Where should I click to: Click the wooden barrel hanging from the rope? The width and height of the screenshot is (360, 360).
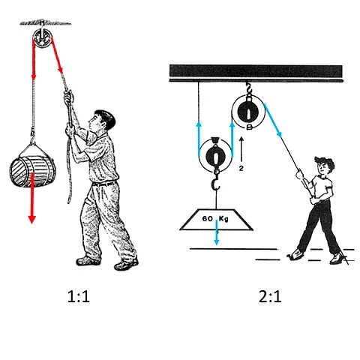(32, 172)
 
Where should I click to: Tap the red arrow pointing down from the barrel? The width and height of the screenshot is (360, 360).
(31, 197)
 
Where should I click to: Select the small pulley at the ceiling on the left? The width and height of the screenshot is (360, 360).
(42, 40)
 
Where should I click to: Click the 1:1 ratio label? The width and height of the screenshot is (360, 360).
(79, 297)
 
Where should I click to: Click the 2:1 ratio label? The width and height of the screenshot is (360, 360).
(270, 297)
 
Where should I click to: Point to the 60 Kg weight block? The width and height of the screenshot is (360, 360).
(216, 219)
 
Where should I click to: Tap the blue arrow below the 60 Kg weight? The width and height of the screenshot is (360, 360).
(217, 232)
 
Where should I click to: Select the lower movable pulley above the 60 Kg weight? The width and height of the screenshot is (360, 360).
(215, 155)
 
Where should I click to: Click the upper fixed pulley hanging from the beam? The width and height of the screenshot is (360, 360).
(248, 112)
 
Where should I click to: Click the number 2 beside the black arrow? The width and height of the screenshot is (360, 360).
(241, 169)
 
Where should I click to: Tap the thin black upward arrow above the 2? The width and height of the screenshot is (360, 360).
(241, 149)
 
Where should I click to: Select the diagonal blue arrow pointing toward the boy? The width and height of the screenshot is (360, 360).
(273, 121)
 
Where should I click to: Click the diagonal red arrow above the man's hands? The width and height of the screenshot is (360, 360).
(57, 55)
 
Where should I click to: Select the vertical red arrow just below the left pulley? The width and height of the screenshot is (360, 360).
(34, 59)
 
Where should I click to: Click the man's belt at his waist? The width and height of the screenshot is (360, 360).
(104, 183)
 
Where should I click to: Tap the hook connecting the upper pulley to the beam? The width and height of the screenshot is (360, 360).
(248, 88)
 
